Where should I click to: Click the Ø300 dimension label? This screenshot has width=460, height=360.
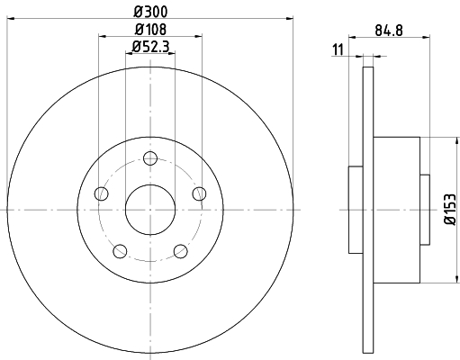149,10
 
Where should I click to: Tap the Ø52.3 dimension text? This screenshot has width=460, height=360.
149,47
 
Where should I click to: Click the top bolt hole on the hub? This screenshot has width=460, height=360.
149,159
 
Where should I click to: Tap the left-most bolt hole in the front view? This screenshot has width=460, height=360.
101,194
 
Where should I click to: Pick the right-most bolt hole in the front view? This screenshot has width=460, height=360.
199,194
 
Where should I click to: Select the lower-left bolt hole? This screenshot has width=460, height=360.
120,251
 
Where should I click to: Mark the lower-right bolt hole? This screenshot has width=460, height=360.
180,251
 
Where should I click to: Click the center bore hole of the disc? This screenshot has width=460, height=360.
149,210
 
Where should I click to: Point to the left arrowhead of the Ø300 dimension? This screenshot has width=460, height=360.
12,16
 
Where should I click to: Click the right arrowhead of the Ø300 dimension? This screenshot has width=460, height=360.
289,16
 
